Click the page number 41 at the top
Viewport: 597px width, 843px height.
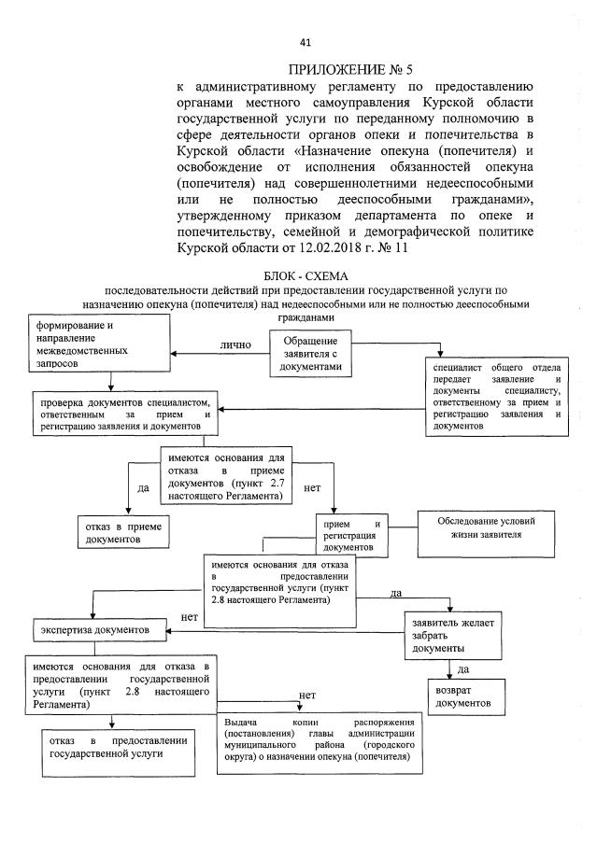305,42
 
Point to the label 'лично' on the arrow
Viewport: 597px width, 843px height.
235,344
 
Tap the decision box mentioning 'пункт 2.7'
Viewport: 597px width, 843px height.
223,477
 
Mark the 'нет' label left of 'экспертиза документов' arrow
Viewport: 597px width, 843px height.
189,616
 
